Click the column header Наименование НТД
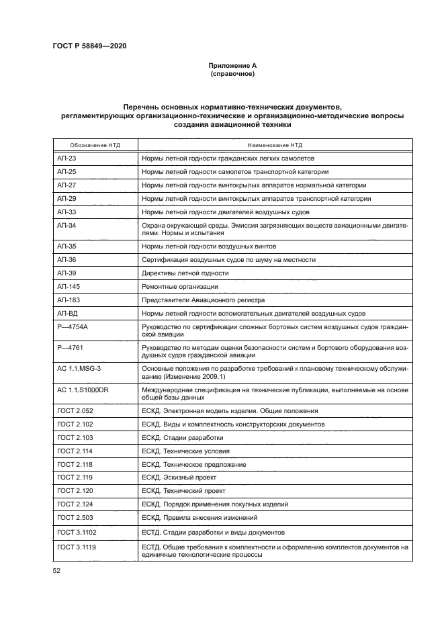coord(274,145)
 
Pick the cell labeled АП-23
coord(67,159)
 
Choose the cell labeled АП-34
coord(67,224)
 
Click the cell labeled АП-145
coord(69,287)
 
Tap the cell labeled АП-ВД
coord(69,313)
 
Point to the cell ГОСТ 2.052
coord(75,410)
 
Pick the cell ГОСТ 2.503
coord(75,518)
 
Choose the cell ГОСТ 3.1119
coord(76,547)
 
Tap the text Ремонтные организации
coord(180,287)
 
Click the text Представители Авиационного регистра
coord(204,300)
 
